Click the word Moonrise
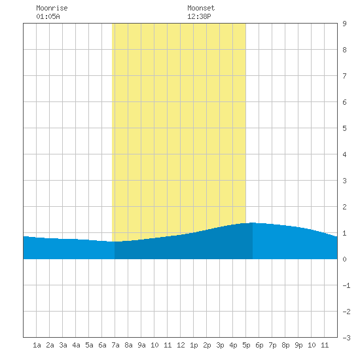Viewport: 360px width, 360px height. pos(52,8)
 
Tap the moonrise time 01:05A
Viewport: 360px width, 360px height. pos(48,16)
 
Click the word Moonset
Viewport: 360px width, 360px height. pos(201,8)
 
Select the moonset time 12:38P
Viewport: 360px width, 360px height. pos(199,16)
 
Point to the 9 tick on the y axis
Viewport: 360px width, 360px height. pos(344,24)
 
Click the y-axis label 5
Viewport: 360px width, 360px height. pos(344,128)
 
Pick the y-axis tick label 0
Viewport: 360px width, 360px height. pos(344,259)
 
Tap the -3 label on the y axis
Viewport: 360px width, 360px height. pos(346,338)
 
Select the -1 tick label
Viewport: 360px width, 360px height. pos(346,285)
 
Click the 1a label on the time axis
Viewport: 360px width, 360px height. pos(37,345)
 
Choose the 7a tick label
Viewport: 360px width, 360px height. pos(115,345)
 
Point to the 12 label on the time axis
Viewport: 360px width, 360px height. pos(181,345)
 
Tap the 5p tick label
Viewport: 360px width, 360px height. pos(246,345)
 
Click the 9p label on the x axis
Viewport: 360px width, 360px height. pos(298,345)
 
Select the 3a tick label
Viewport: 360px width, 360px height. pos(63,345)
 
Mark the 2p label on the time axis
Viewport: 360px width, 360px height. pos(207,345)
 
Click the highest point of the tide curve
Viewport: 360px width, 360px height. pos(253,223)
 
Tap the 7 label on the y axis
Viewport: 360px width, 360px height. pos(344,76)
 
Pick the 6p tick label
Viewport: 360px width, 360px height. pos(259,345)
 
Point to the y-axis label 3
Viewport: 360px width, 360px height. pos(344,181)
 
